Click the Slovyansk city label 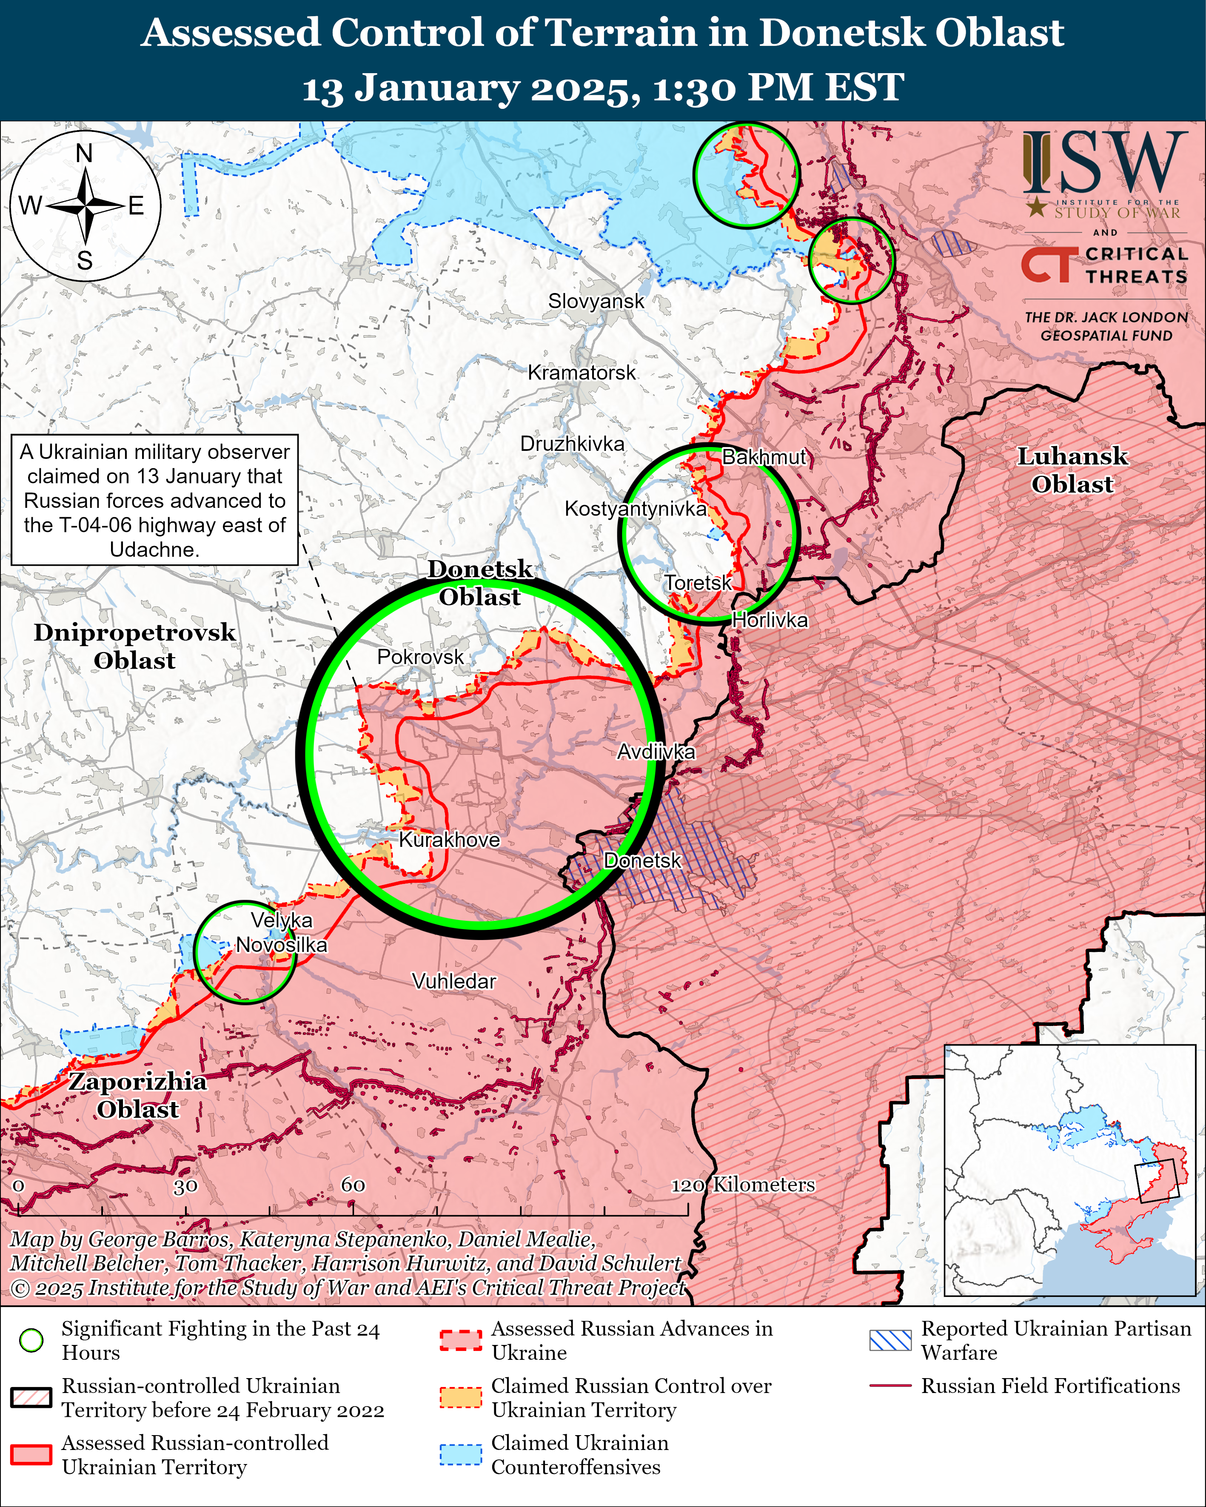pos(596,301)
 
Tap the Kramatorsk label pos(582,373)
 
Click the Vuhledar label pos(454,981)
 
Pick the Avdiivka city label pos(656,752)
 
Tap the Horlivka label pos(770,620)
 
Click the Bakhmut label pos(764,457)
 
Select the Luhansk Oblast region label pos(1072,470)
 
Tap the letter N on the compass pos(84,153)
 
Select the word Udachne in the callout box pos(154,550)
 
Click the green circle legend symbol pos(31,1340)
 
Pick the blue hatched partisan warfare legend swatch pos(890,1340)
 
